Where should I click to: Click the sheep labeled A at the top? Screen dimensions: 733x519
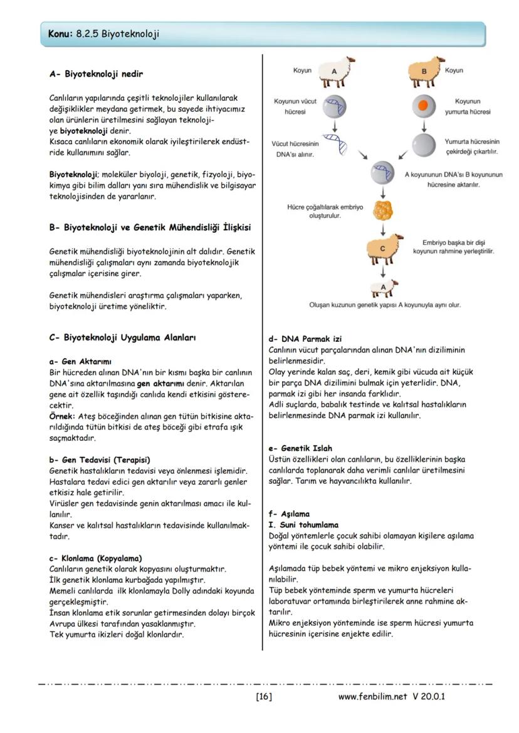335,73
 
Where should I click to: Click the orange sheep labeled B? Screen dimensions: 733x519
424,73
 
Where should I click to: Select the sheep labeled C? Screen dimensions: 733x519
382,249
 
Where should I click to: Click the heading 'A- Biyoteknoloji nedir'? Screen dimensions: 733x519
96,74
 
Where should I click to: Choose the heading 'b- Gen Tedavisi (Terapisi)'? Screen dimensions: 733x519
100,459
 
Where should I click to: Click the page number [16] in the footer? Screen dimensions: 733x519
264,696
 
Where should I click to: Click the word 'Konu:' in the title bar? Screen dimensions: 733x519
60,34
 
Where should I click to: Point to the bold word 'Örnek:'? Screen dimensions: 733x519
62,416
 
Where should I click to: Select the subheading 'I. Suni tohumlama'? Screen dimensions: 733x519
303,525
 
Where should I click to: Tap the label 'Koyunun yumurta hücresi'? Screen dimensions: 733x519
468,106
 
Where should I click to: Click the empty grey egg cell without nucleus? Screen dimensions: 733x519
424,145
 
